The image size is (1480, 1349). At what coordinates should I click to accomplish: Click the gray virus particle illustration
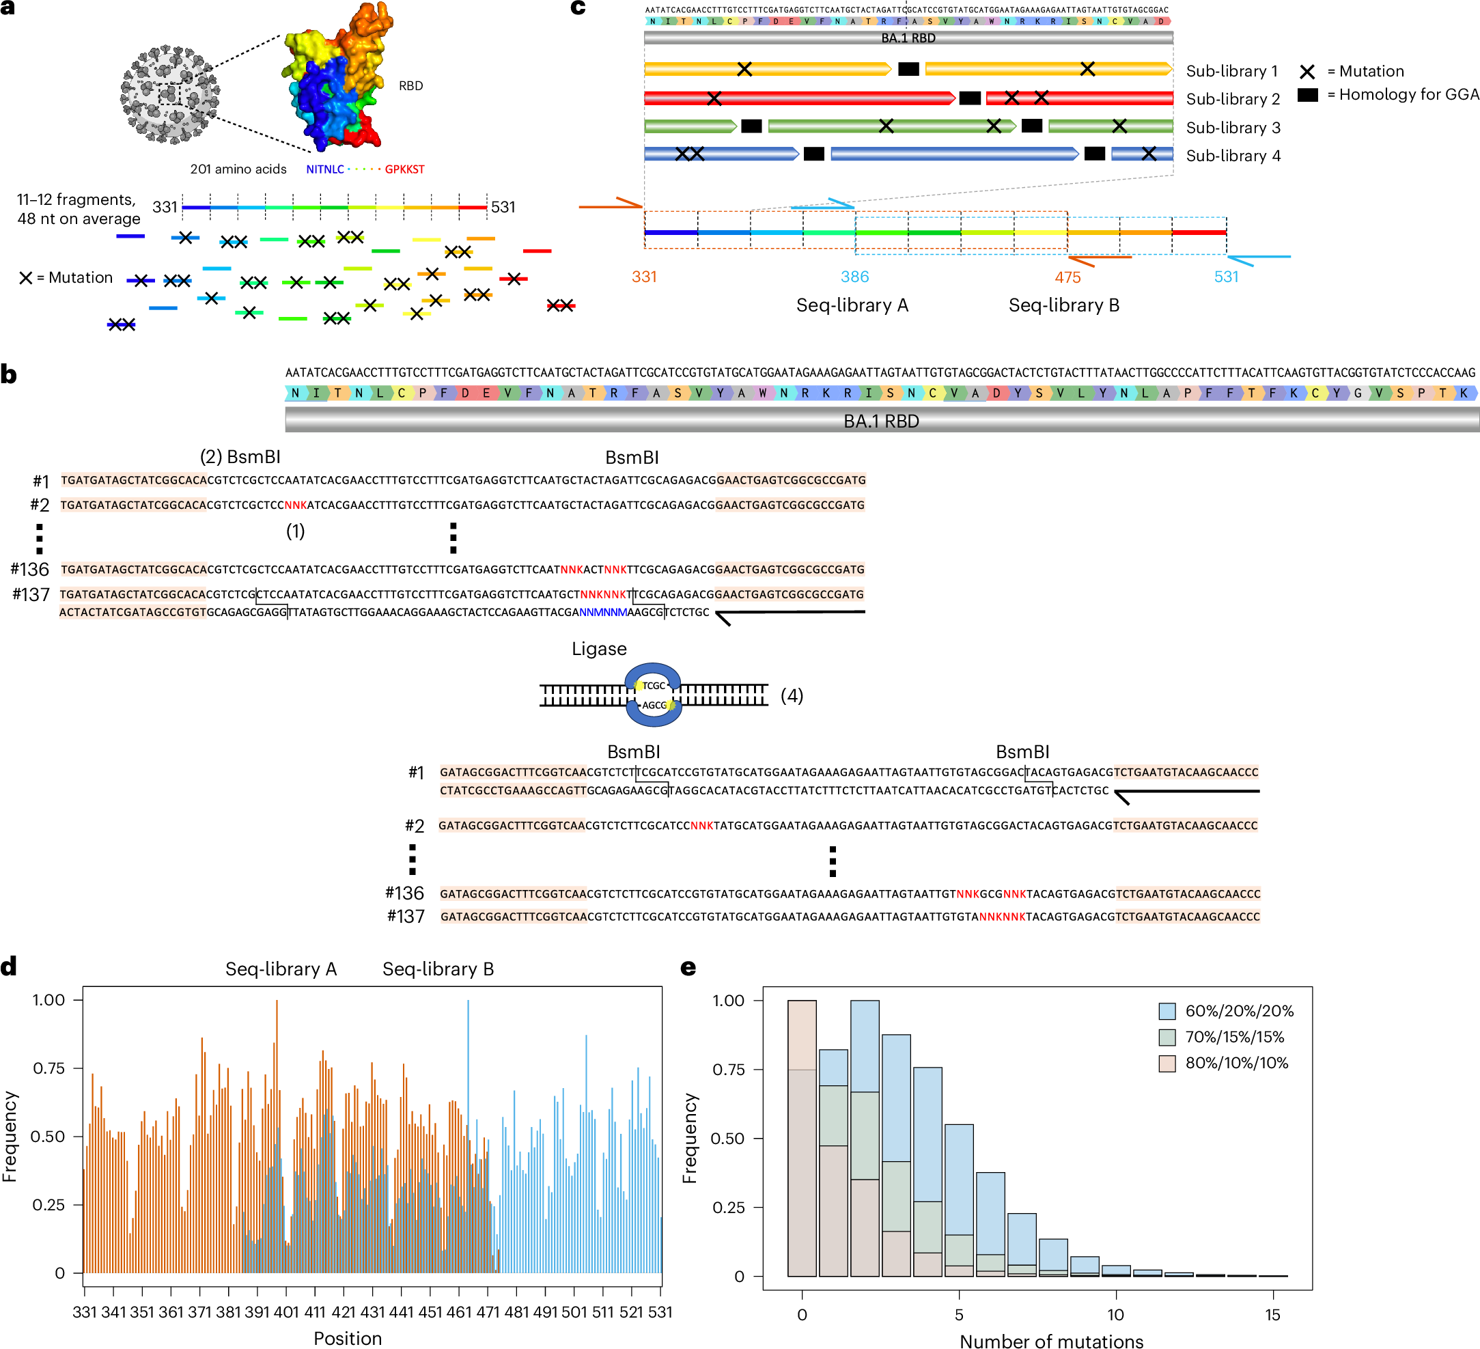click(x=169, y=95)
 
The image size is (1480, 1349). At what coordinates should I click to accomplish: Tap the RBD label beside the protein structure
click(x=410, y=86)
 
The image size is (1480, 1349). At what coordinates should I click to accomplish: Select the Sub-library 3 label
click(x=1233, y=128)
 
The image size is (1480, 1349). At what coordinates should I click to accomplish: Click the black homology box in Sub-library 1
click(x=908, y=69)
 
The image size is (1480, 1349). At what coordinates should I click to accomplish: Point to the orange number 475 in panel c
click(x=1067, y=277)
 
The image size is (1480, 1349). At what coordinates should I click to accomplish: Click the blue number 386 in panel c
click(x=854, y=277)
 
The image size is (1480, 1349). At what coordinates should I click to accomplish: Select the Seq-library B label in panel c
click(x=1064, y=305)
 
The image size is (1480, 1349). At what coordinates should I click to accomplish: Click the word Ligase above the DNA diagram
click(x=599, y=649)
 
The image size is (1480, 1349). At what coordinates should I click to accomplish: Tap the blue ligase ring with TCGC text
click(x=654, y=695)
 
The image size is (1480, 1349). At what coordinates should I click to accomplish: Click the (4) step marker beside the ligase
click(x=792, y=695)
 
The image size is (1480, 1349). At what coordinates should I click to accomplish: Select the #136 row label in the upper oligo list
click(x=30, y=569)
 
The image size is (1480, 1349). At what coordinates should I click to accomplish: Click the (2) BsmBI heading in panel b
click(x=240, y=457)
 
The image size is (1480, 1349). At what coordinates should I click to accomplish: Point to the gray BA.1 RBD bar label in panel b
click(x=881, y=421)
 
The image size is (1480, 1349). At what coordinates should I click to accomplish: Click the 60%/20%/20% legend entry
click(x=1238, y=1010)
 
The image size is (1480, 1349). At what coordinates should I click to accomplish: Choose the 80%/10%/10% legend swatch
click(x=1167, y=1063)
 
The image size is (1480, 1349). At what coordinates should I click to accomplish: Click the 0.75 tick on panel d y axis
click(x=48, y=1068)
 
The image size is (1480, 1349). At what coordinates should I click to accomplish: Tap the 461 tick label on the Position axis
click(x=459, y=1312)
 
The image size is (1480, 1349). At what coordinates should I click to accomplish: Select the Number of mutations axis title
click(x=1051, y=1341)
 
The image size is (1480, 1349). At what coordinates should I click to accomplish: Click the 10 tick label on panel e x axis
click(x=1115, y=1314)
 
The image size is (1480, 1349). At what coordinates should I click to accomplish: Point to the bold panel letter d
click(x=9, y=967)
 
